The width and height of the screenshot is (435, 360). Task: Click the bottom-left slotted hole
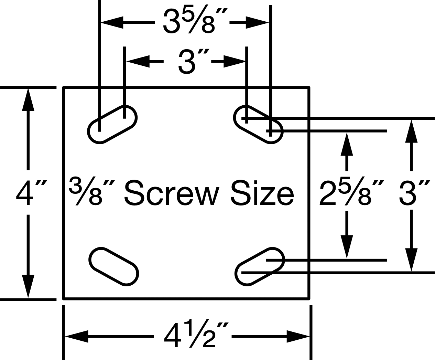114,266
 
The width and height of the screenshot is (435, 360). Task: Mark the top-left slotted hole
112,125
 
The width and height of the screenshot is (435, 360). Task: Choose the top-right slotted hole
258,125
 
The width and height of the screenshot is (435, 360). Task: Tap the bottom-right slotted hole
260,266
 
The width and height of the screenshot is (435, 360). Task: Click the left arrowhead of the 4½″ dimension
77,336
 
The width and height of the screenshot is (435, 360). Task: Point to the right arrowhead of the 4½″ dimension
298,336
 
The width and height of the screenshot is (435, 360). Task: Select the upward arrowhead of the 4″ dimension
28,100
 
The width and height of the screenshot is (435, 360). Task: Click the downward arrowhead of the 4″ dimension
28,286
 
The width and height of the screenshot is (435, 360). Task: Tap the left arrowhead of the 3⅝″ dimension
112,22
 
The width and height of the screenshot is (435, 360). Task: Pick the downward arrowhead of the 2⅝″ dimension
347,247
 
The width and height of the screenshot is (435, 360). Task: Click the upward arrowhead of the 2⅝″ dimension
347,144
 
